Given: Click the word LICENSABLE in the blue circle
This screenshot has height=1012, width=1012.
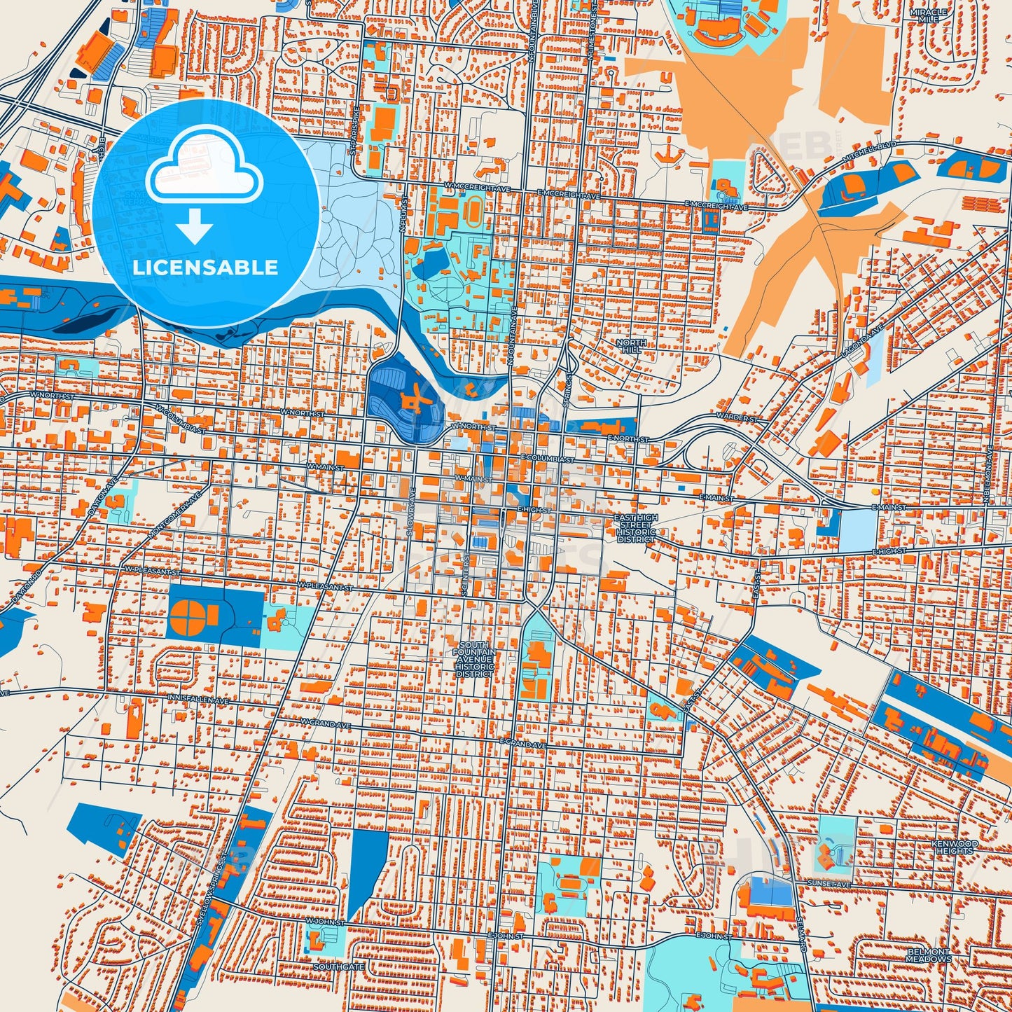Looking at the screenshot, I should click(205, 268).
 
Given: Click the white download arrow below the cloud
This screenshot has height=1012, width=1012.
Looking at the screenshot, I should click(195, 226).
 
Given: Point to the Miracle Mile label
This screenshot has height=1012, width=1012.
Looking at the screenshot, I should click(928, 15).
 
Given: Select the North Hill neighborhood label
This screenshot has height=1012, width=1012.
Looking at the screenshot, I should click(631, 346).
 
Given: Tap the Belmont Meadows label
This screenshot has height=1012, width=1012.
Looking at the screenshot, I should click(929, 955).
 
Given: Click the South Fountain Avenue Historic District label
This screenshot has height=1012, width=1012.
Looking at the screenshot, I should click(476, 656).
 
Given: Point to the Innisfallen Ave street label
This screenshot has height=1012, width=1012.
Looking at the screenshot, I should click(198, 700).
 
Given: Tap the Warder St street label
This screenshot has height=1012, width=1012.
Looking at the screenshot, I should click(737, 418).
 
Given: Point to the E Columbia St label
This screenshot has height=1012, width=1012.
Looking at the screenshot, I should click(547, 459).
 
